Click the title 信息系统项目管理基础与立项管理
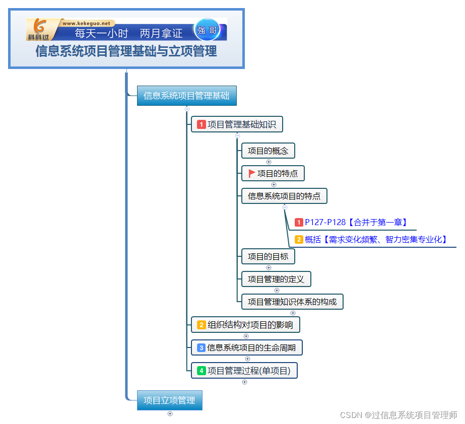point(126,51)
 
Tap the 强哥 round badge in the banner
point(207,30)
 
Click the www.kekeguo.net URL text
point(86,23)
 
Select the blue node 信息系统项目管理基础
point(186,96)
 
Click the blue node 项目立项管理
point(169,400)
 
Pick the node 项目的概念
point(268,151)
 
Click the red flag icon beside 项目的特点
point(252,174)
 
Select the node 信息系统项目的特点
point(284,196)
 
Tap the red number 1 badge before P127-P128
point(299,222)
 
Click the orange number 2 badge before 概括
point(299,240)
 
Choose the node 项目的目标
point(268,256)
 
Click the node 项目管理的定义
point(276,279)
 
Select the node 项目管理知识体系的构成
point(292,302)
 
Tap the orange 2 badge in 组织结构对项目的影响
point(202,325)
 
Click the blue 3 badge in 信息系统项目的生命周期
point(201,347)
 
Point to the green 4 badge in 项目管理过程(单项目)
point(202,371)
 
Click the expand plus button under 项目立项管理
point(170,414)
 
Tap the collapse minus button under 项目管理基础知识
point(238,135)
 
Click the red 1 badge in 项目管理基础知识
point(202,124)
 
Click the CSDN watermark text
point(398,415)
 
